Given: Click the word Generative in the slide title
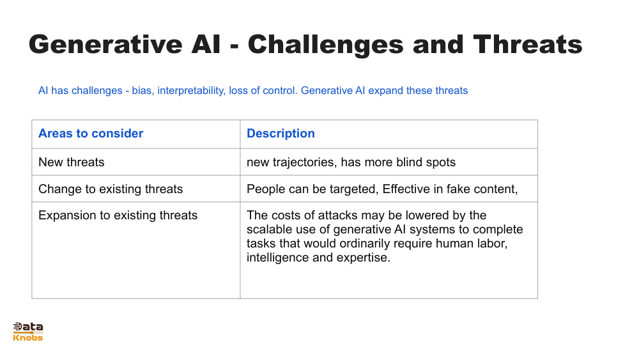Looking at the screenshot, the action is [105, 44].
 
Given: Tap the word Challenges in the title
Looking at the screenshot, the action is [326, 44].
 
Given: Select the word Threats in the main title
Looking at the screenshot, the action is [528, 44].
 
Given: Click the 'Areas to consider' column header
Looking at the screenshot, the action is [91, 133].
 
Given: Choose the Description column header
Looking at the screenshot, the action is [281, 134].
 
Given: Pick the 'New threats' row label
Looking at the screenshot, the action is [72, 162].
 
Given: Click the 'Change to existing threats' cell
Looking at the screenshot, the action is [111, 189].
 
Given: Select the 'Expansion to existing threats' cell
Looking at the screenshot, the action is [118, 215].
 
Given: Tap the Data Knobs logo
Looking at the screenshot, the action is [27, 331].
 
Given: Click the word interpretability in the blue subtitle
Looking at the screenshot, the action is [191, 91].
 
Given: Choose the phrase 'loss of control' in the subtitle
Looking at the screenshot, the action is [263, 91].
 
